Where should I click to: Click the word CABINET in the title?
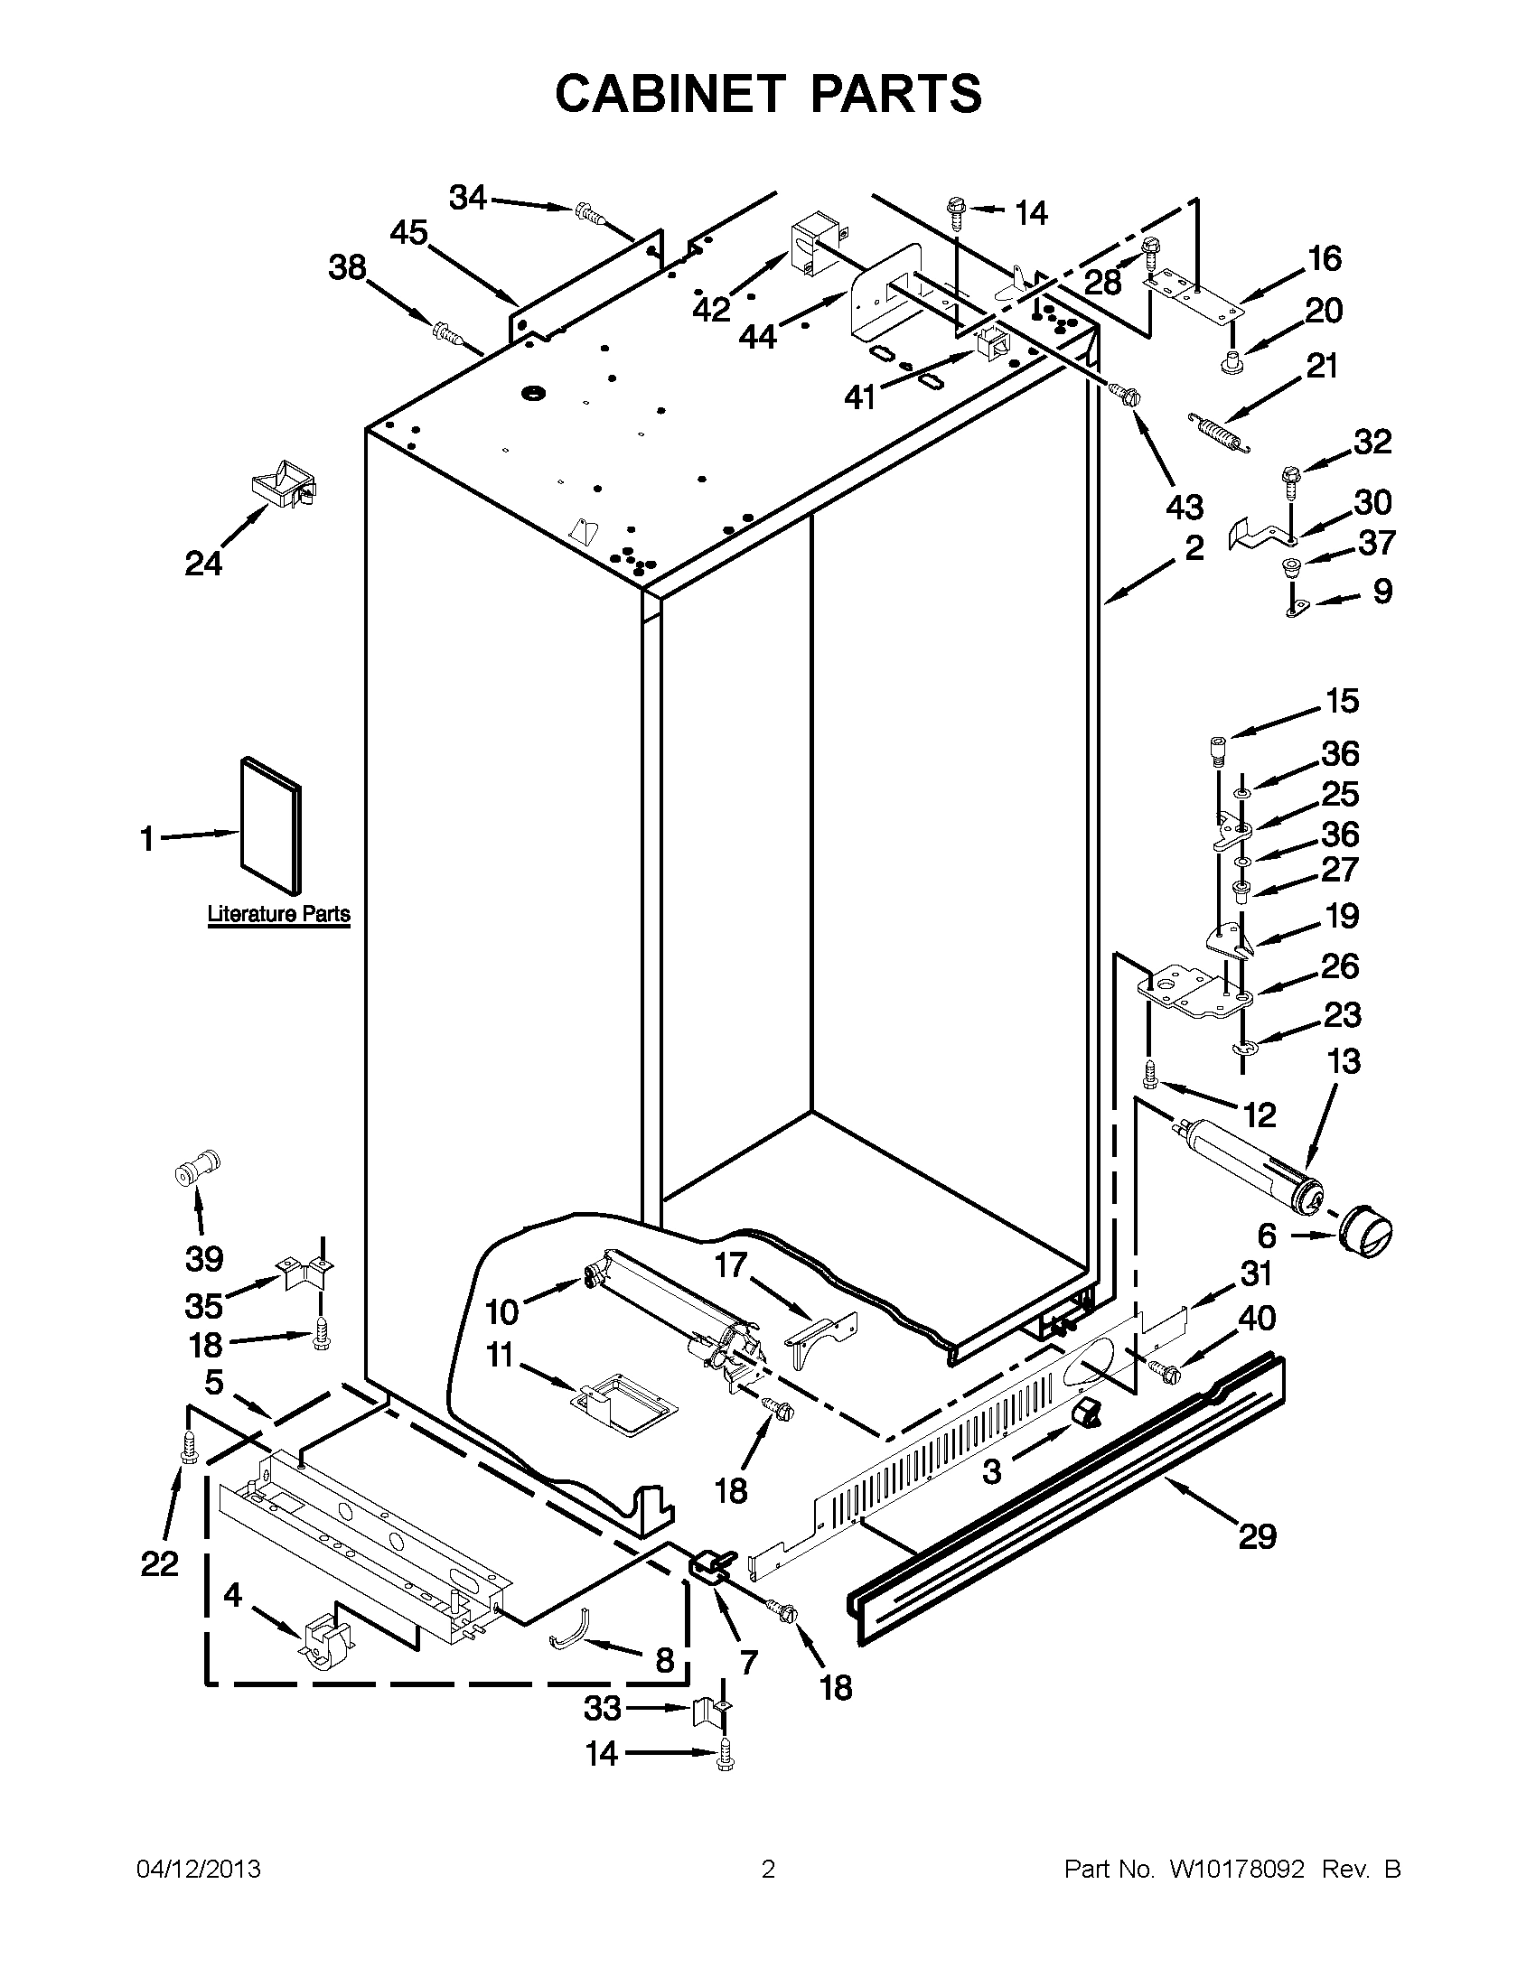click(670, 94)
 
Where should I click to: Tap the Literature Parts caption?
click(278, 913)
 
